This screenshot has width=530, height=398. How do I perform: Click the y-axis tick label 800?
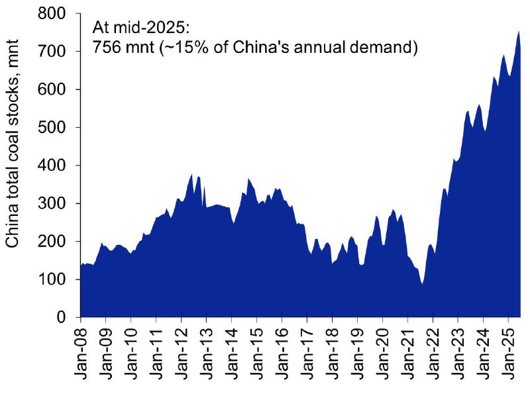pyautogui.click(x=57, y=13)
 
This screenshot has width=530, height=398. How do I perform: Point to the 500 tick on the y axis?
pyautogui.click(x=57, y=127)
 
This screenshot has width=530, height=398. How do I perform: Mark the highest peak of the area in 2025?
pyautogui.click(x=518, y=30)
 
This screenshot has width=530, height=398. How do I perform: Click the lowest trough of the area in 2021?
pyautogui.click(x=421, y=284)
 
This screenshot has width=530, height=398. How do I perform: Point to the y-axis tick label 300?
pyautogui.click(x=57, y=203)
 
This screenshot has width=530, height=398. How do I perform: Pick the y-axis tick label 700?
pyautogui.click(x=57, y=51)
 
